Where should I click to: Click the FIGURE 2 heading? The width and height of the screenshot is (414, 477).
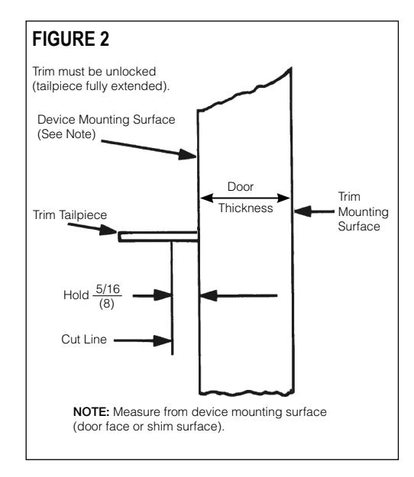(x=70, y=39)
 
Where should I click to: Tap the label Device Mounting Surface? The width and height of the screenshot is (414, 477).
(x=106, y=120)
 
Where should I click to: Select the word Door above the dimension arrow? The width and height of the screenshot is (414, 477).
(x=241, y=186)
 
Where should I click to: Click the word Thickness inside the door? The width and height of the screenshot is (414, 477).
(x=246, y=208)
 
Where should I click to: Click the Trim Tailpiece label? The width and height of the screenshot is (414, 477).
(x=70, y=214)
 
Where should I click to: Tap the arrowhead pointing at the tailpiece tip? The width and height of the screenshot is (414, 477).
(x=108, y=230)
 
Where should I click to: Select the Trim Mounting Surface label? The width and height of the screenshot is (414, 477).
(x=363, y=211)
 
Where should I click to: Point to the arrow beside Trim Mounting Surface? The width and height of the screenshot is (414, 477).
(x=314, y=211)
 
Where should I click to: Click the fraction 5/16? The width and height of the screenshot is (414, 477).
(x=108, y=288)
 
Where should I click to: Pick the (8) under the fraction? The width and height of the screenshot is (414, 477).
(x=106, y=304)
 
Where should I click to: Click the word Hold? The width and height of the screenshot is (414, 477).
(x=76, y=295)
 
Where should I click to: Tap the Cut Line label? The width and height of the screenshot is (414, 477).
(x=84, y=339)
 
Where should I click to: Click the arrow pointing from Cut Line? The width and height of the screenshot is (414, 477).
(x=143, y=340)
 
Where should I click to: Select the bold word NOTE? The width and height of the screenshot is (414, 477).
(x=92, y=412)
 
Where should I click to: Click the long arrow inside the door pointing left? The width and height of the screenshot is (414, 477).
(x=238, y=295)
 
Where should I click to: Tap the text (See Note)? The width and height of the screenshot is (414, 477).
(x=66, y=134)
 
